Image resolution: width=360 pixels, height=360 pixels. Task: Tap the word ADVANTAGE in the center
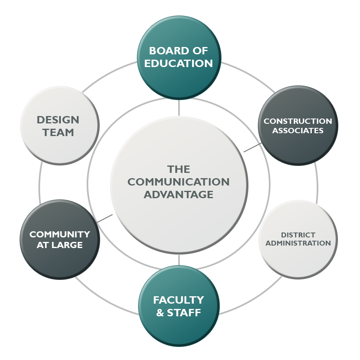(x=179, y=195)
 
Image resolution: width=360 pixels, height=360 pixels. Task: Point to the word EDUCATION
(x=179, y=64)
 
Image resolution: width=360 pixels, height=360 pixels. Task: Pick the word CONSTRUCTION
(x=298, y=121)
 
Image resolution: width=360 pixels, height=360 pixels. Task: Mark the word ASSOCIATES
(x=298, y=131)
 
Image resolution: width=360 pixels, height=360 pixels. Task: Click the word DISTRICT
(x=298, y=235)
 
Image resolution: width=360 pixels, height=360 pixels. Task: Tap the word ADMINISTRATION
(x=298, y=243)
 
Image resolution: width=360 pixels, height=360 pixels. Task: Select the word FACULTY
(x=179, y=300)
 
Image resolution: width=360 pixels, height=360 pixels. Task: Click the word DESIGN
(x=58, y=120)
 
